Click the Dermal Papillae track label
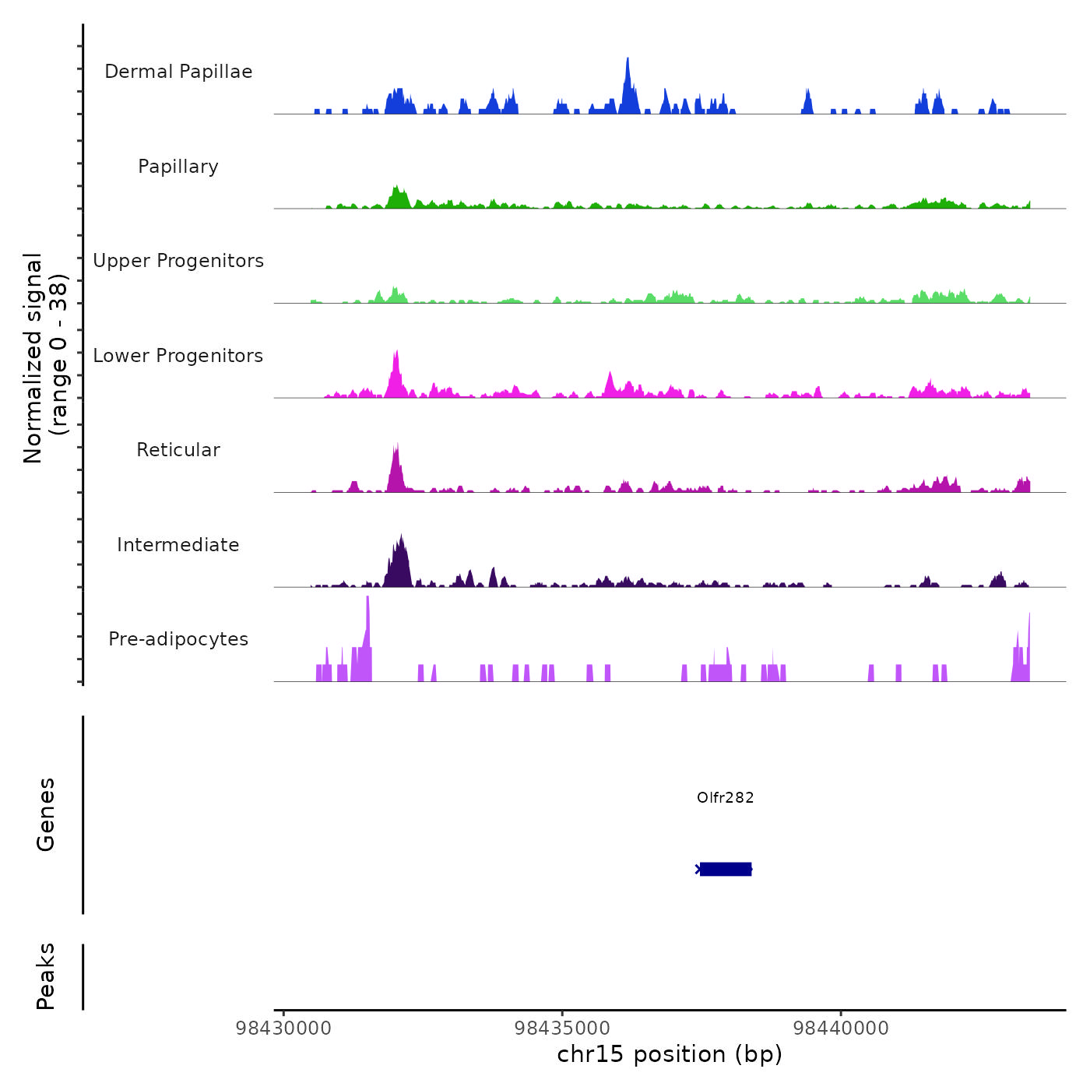click(178, 72)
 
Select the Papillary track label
click(178, 167)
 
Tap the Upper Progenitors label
click(178, 261)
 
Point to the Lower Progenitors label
click(178, 356)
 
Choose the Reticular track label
click(178, 450)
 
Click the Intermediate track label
click(178, 545)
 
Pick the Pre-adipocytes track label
click(178, 639)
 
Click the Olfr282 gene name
click(725, 797)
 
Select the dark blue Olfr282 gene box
click(725, 869)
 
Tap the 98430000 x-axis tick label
click(283, 1028)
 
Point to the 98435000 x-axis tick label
click(562, 1028)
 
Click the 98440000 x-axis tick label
click(841, 1028)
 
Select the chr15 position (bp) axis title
click(670, 1054)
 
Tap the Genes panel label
click(45, 814)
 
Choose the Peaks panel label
click(45, 976)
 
